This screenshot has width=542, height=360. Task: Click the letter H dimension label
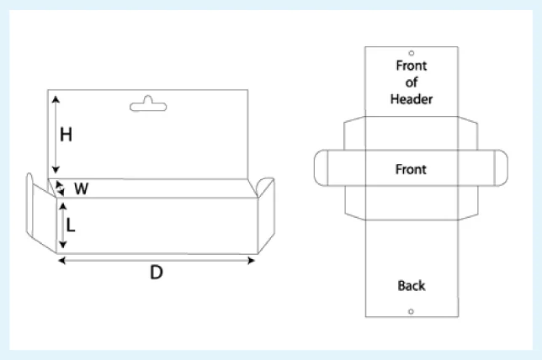[66, 135]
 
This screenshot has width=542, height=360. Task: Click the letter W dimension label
[82, 188]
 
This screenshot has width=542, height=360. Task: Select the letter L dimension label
[71, 225]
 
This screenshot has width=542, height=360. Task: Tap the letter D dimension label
[157, 273]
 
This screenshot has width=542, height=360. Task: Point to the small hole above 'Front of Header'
[412, 53]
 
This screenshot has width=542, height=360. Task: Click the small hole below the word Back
[411, 311]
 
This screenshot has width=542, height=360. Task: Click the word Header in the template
[412, 99]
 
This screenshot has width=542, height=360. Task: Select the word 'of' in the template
[412, 82]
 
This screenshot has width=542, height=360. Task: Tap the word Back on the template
[412, 286]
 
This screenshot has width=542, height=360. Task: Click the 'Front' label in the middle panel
[411, 169]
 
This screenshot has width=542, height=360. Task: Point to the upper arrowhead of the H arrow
[56, 99]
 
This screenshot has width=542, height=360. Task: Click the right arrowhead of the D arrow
[252, 261]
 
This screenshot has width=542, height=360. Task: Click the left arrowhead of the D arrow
[62, 261]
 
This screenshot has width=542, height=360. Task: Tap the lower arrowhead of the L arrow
[62, 245]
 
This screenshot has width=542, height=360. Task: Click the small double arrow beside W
[60, 188]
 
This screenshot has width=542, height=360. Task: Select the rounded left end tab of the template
[321, 168]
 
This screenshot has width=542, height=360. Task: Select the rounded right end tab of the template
[502, 168]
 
